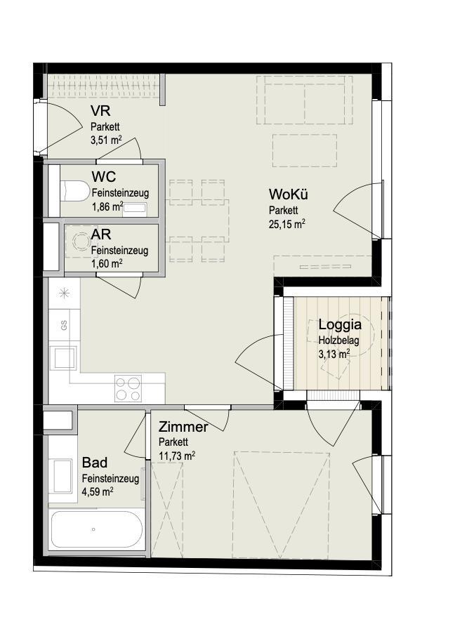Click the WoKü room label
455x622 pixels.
tap(289, 194)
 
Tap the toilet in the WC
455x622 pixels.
tap(74, 191)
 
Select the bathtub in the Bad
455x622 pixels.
tap(97, 529)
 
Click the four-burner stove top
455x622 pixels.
tap(128, 388)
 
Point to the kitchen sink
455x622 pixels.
tap(65, 359)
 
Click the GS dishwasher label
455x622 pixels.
tap(64, 326)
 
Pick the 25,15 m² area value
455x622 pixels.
tap(286, 224)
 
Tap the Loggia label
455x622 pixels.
tap(340, 325)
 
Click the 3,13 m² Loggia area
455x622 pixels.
tap(334, 353)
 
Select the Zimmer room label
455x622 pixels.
tap(183, 428)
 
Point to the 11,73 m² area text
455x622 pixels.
tap(177, 456)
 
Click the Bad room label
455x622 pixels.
tap(94, 463)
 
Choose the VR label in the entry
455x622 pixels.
tap(100, 110)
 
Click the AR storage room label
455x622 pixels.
tap(100, 234)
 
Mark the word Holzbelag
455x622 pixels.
tap(338, 340)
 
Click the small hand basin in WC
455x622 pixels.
tap(134, 209)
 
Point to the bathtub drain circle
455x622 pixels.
tap(93, 529)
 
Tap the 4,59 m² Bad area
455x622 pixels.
tap(98, 492)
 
